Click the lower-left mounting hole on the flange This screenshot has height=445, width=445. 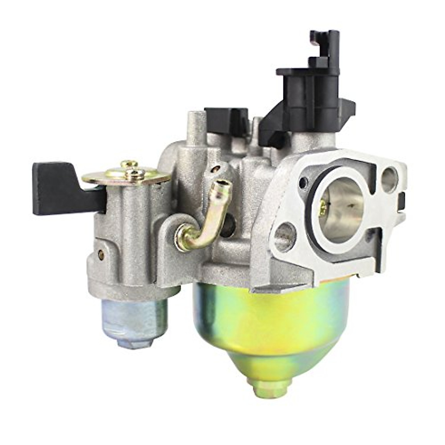click(x=286, y=234)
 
